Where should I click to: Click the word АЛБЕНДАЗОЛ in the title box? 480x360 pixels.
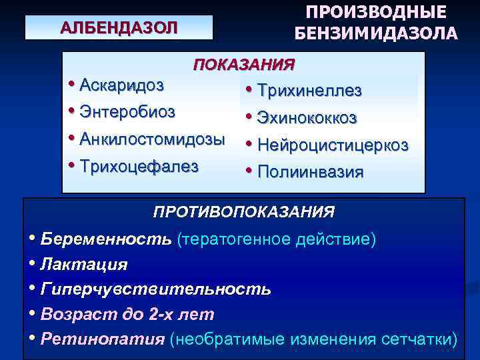click(x=119, y=28)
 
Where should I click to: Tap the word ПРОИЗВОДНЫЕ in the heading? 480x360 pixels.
click(x=375, y=13)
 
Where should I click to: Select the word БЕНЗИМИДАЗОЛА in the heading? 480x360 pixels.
click(x=375, y=33)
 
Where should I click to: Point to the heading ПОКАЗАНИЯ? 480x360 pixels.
click(x=243, y=65)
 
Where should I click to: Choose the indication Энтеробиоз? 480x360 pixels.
click(x=127, y=111)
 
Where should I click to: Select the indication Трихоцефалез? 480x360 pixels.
click(x=139, y=166)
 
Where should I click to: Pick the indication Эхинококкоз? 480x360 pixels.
click(x=307, y=118)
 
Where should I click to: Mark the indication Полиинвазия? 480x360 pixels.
click(x=310, y=172)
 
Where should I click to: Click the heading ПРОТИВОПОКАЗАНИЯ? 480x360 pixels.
click(x=243, y=213)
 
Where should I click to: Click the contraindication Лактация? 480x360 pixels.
click(x=83, y=264)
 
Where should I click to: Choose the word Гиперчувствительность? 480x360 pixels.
click(x=155, y=289)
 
